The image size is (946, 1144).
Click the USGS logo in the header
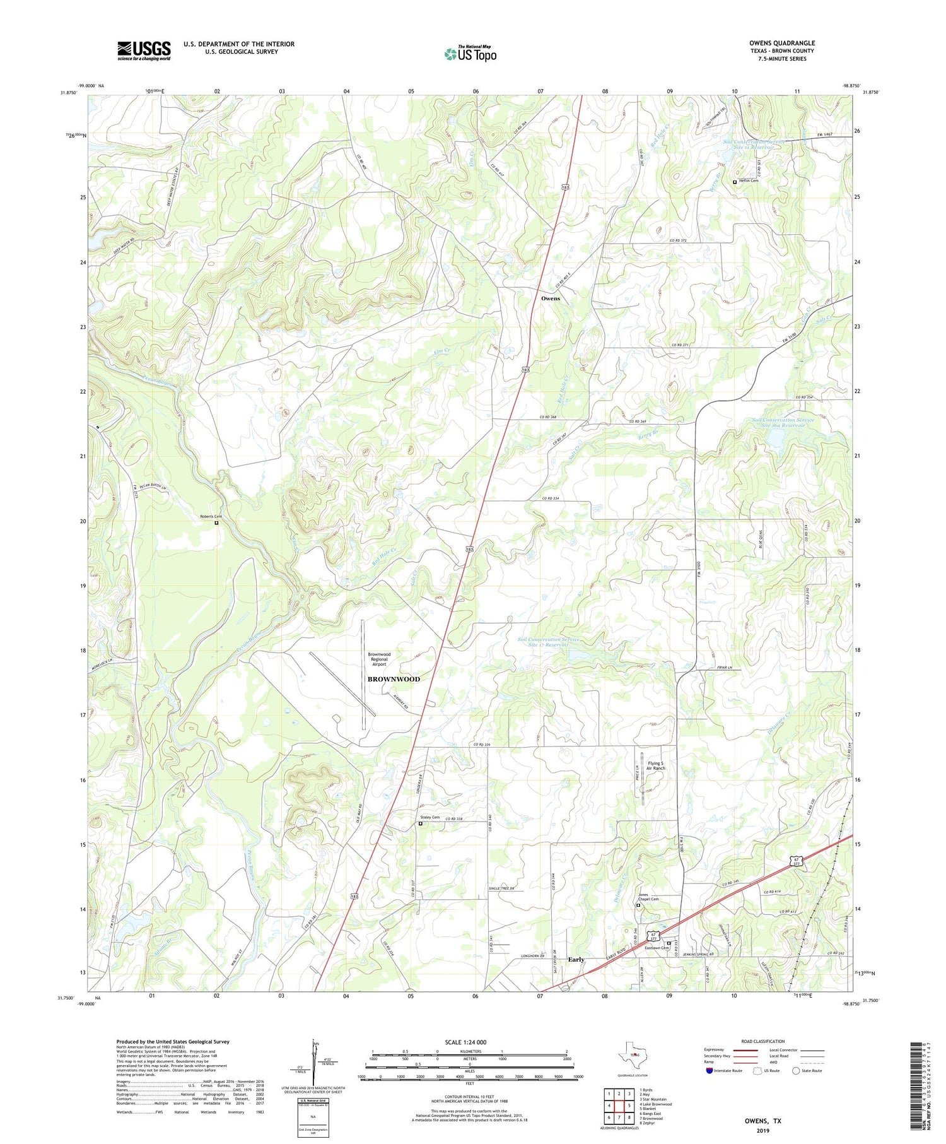144,50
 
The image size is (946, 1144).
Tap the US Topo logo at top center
470,54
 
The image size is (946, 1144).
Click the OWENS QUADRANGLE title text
781,43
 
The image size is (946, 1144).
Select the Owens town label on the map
550,298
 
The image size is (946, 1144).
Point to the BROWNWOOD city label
394,679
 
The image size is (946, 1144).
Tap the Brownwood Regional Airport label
379,659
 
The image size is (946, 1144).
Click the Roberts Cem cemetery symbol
216,522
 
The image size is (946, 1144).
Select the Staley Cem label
430,817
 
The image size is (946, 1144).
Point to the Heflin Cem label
749,180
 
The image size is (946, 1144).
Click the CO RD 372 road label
680,240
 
